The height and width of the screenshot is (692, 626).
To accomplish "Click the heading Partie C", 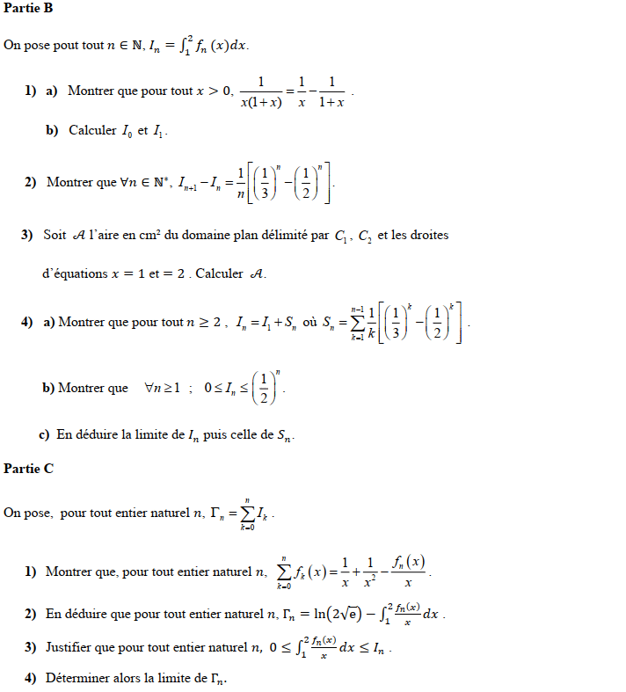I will pos(28,469).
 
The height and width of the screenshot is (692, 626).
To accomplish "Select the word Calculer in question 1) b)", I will pos(92,130).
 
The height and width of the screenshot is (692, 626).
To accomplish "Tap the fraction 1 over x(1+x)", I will pos(261,91).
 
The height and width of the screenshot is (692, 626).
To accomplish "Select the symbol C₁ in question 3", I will pos(342,237).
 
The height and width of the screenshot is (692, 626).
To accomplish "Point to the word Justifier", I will pos(72,648).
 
